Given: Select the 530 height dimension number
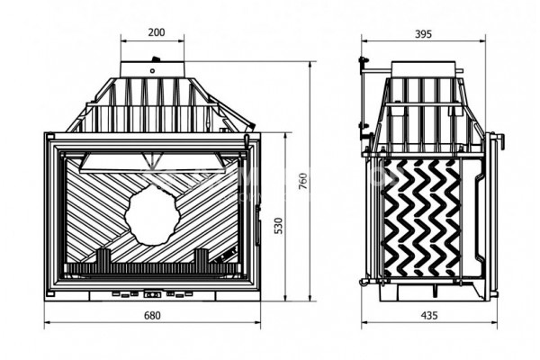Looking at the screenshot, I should point(277,225).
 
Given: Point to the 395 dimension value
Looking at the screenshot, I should point(424,33).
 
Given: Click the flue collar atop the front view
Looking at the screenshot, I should point(153,69).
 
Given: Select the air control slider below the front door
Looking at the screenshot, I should point(152,294).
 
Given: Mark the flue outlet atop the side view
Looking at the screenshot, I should point(422,69).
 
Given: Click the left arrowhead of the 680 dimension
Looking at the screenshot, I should point(47,323).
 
